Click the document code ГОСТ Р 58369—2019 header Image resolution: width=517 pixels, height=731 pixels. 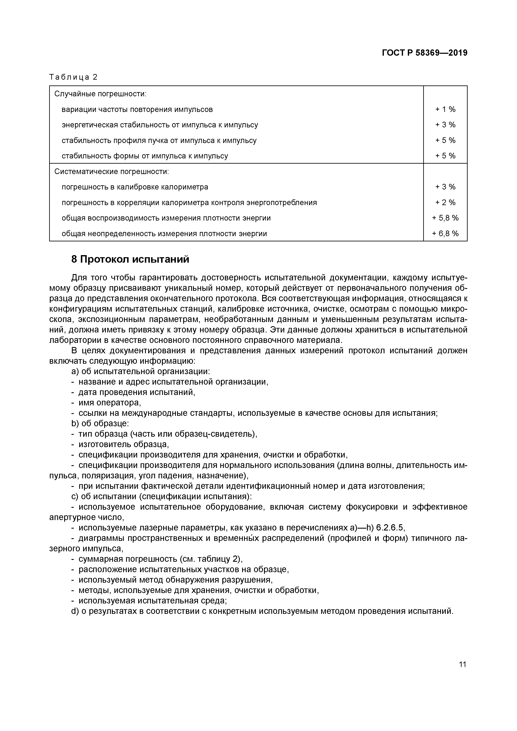(x=424, y=53)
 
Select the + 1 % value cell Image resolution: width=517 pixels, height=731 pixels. (x=445, y=109)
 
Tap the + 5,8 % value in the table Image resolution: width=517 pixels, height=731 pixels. (x=445, y=218)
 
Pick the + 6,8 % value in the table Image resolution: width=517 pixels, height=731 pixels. (x=445, y=234)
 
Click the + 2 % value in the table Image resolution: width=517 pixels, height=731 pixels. (x=445, y=202)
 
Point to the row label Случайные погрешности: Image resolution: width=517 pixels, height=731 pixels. (x=100, y=94)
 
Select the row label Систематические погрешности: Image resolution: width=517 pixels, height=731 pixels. (x=111, y=172)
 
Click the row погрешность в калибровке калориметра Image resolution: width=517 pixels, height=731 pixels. (x=135, y=187)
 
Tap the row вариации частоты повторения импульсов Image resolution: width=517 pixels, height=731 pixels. (x=137, y=109)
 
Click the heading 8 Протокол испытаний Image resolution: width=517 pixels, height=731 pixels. (x=130, y=260)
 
